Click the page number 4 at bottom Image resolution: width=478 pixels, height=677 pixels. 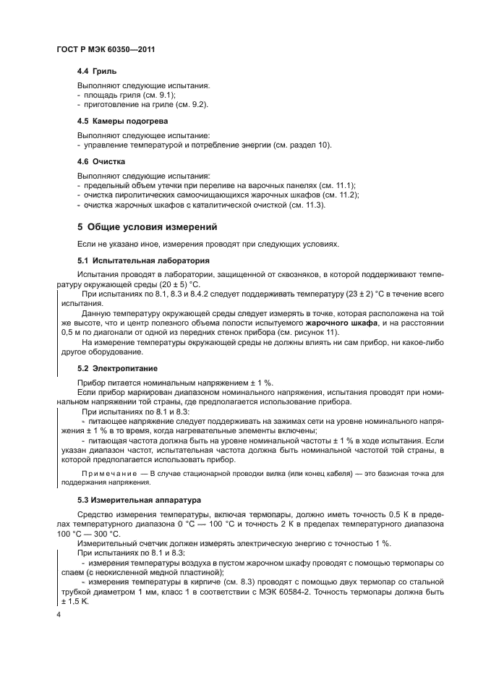click(x=59, y=614)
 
